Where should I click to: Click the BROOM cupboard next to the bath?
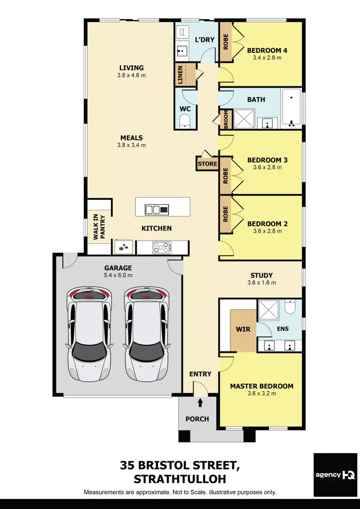[x=226, y=120]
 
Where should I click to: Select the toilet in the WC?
[x=185, y=122]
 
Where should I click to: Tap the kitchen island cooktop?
[x=157, y=209]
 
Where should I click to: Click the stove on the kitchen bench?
[x=162, y=247]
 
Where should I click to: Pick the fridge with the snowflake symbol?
[x=124, y=247]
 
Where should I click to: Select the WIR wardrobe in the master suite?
[x=243, y=330]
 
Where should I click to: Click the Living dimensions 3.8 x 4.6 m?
[x=132, y=75]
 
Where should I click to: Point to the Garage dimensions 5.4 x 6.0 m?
[x=118, y=275]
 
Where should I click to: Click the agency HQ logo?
[x=335, y=474]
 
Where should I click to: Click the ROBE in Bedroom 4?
[x=226, y=41]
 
